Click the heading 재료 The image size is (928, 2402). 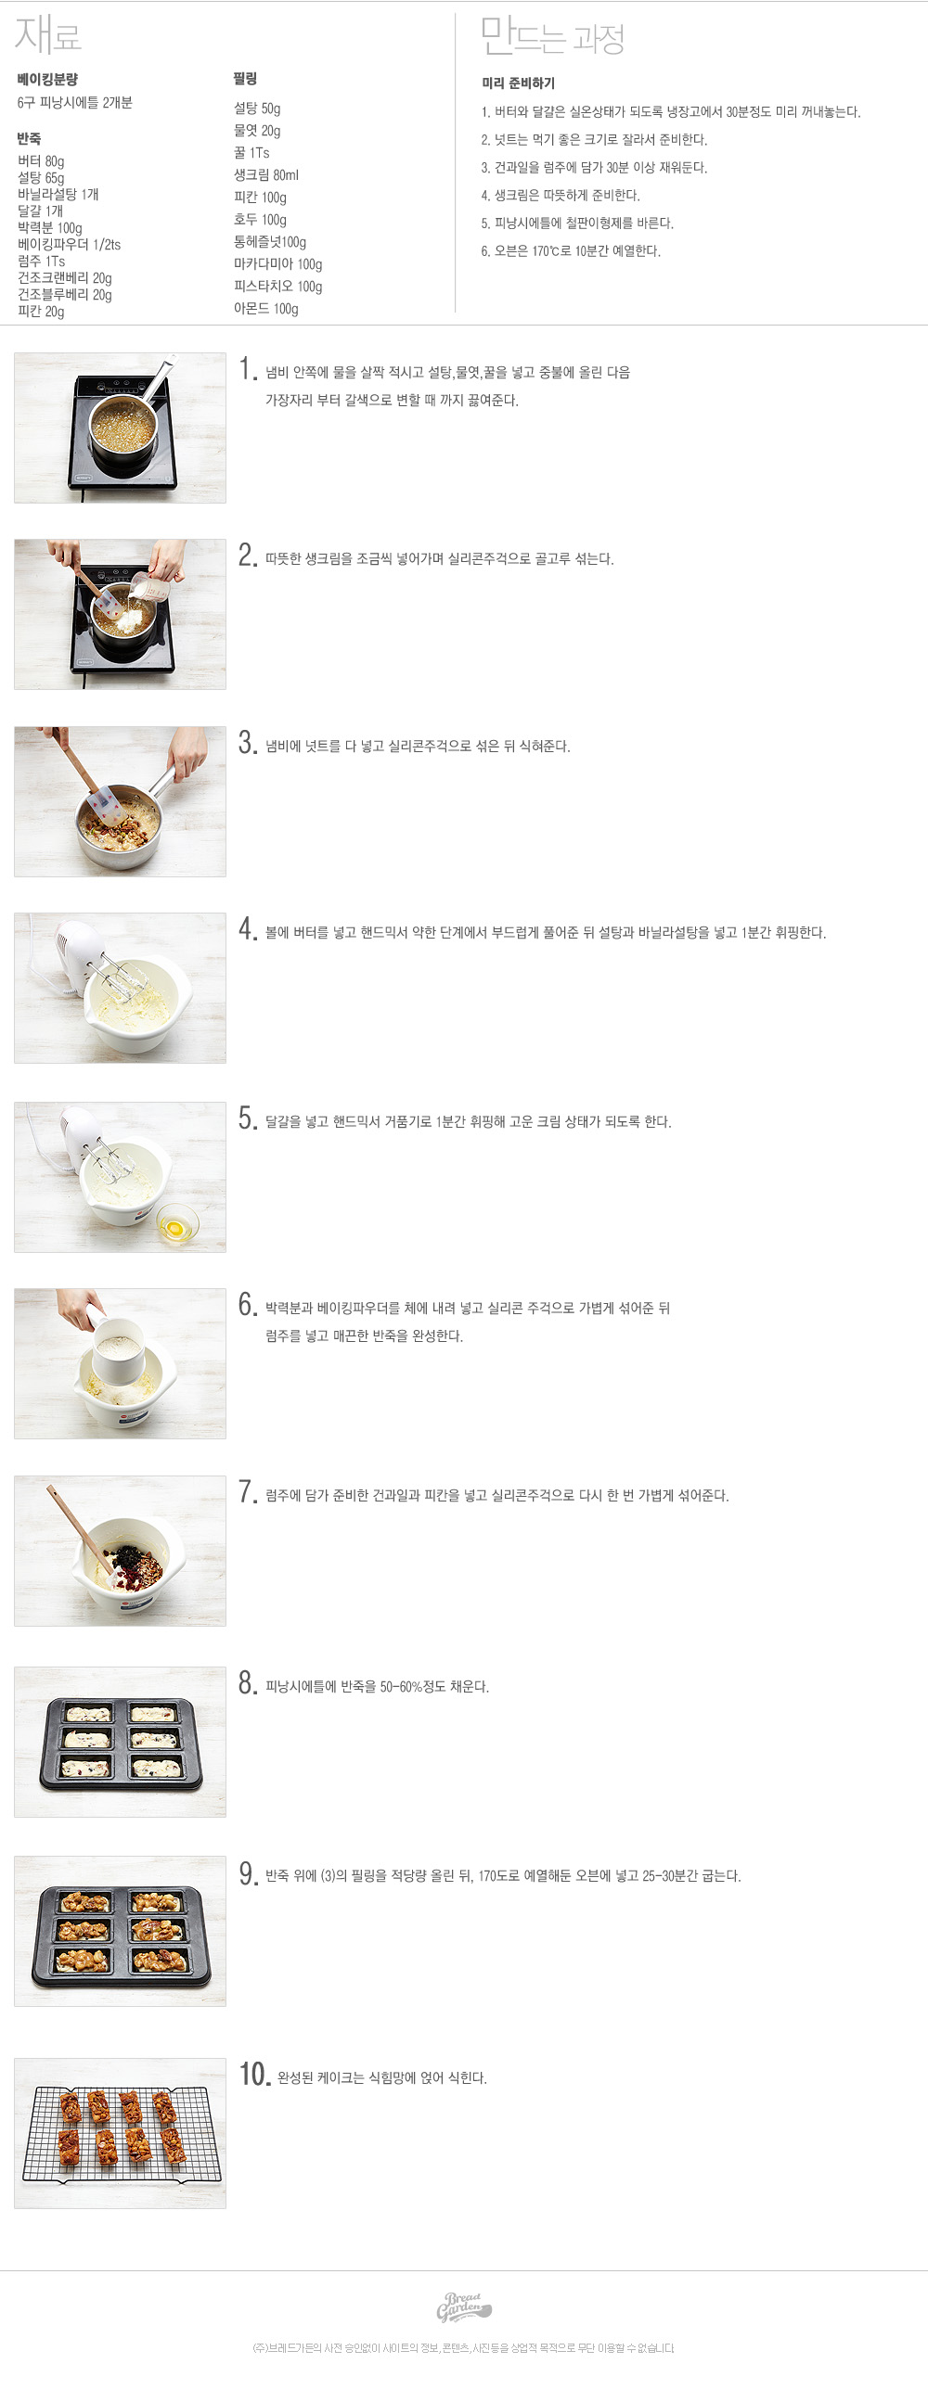48,35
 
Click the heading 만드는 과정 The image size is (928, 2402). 552,36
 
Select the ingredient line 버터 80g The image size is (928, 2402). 41,161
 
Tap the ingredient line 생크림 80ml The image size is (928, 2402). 265,175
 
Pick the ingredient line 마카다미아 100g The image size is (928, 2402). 277,265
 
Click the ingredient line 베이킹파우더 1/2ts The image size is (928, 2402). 69,244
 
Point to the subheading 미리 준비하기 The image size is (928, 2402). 519,83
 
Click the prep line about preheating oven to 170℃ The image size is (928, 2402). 571,250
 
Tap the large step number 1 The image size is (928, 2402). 247,370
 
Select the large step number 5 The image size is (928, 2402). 247,1118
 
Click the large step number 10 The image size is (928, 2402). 254,2074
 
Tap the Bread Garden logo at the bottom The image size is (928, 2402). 463,2308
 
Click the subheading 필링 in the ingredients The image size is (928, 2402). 245,79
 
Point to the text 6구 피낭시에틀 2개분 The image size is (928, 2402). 74,103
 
